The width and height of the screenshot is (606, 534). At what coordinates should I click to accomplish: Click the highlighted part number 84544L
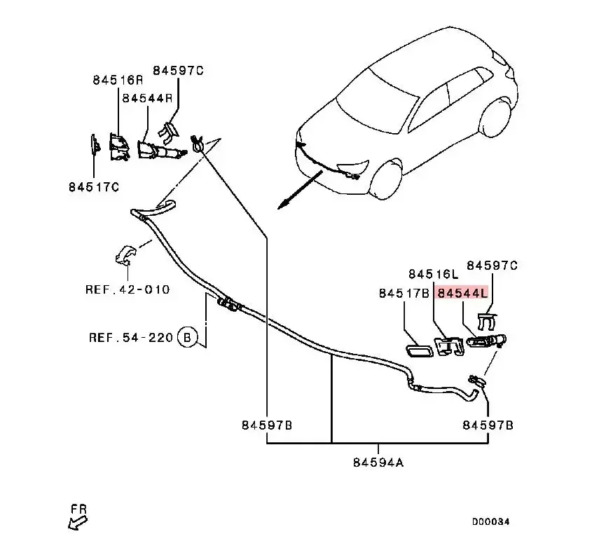tap(461, 294)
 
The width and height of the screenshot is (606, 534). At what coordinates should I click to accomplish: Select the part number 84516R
tap(118, 80)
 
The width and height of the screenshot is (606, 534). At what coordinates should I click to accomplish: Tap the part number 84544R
tap(147, 99)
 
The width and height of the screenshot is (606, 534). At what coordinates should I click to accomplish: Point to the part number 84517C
tap(94, 187)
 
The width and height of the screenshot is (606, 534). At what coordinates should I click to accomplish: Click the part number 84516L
tap(433, 273)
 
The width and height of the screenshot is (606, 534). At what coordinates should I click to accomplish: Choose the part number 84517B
tap(404, 294)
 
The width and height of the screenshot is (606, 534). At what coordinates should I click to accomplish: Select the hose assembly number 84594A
tap(379, 462)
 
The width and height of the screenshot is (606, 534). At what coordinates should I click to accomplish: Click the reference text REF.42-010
tap(128, 289)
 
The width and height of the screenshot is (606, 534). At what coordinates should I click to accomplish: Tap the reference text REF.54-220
tap(130, 337)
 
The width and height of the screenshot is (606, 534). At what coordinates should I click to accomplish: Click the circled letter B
tap(187, 337)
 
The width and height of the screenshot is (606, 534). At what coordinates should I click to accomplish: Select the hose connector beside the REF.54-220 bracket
tap(228, 304)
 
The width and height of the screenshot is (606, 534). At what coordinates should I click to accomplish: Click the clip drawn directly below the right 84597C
tap(487, 322)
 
